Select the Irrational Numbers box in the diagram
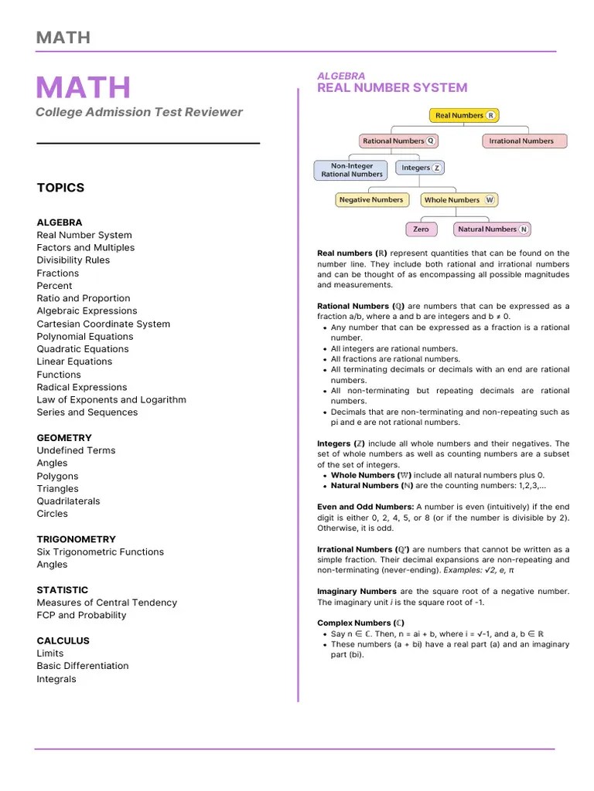[524, 141]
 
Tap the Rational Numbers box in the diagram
[399, 141]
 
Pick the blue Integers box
[420, 168]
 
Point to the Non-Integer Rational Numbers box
[352, 170]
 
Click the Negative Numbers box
[370, 200]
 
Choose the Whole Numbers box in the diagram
[458, 200]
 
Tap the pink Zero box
[421, 229]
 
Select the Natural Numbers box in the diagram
[492, 229]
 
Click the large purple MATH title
[84, 88]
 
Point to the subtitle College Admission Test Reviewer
[139, 112]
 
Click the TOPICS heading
[60, 188]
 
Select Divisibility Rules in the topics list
[73, 260]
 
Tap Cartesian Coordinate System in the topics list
[104, 324]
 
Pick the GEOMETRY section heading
[64, 438]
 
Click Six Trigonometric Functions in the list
[101, 552]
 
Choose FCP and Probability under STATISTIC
[81, 615]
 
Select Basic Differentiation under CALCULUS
[83, 666]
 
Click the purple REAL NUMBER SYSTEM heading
[392, 88]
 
